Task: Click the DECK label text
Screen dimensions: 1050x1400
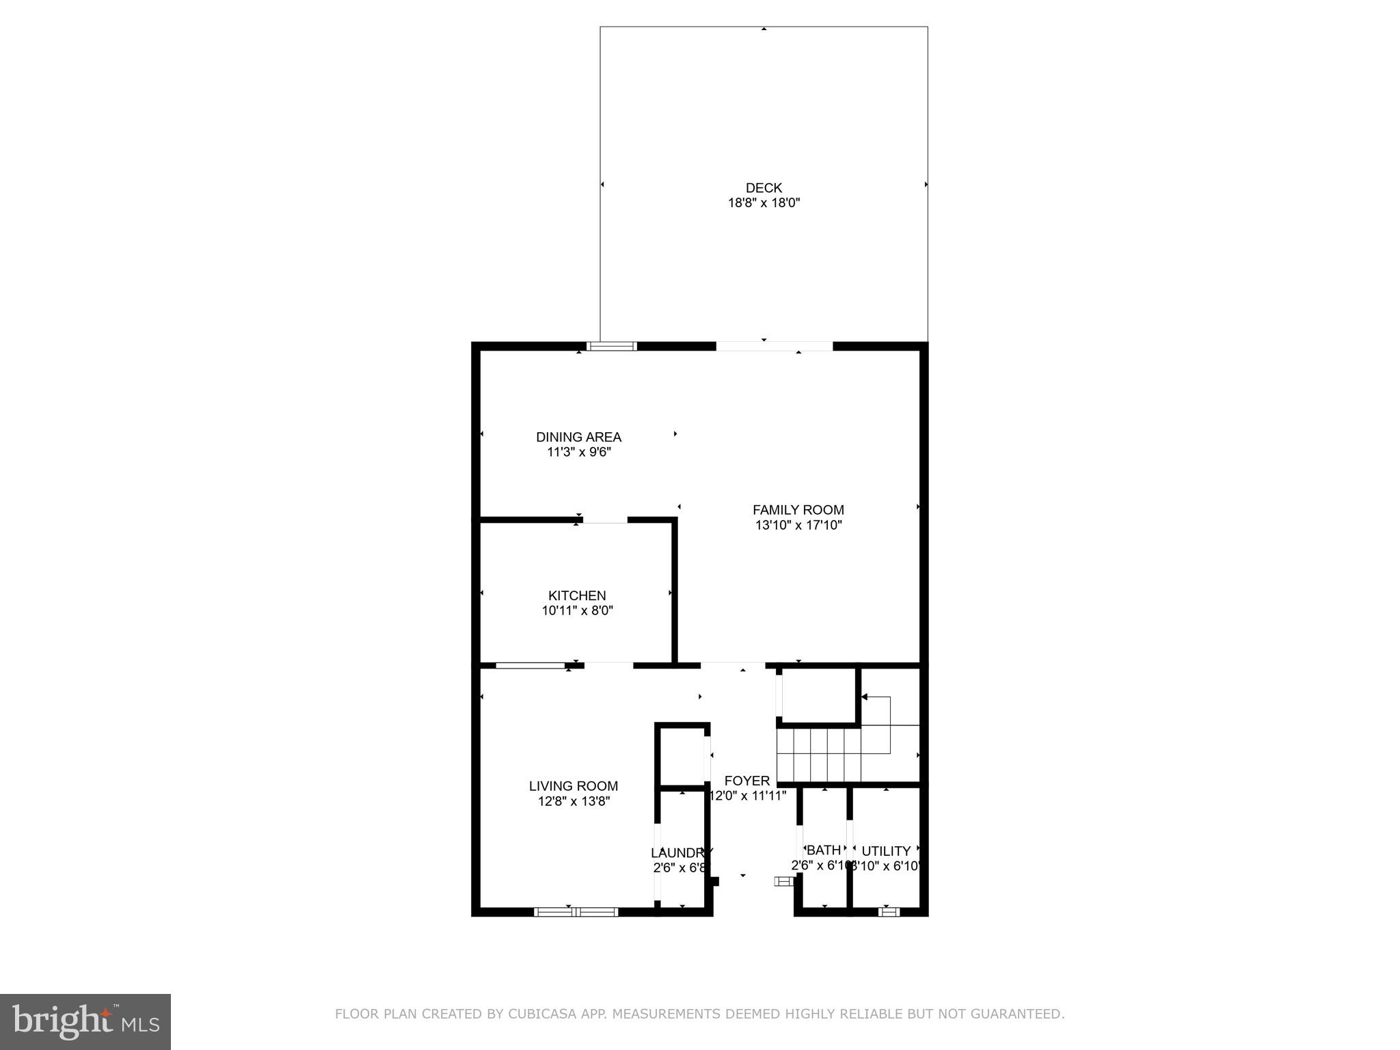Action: click(x=764, y=187)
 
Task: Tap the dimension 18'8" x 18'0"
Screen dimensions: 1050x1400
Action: click(x=764, y=203)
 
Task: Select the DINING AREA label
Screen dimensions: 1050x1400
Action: click(x=578, y=437)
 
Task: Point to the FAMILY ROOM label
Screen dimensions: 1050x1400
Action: click(x=798, y=510)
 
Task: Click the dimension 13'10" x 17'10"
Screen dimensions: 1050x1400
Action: click(x=798, y=526)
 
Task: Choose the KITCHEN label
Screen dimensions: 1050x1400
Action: click(x=577, y=595)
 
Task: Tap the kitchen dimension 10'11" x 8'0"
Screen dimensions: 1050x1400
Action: click(x=577, y=611)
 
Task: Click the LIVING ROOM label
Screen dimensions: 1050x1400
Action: click(x=573, y=786)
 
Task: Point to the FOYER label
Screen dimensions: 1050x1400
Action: click(x=746, y=781)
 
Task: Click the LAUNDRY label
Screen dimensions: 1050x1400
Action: click(x=681, y=852)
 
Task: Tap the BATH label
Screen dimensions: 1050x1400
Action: click(x=824, y=850)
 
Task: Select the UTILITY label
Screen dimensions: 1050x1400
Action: click(x=886, y=851)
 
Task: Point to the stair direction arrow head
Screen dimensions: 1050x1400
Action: click(x=864, y=697)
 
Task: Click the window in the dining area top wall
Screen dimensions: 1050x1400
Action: click(x=612, y=347)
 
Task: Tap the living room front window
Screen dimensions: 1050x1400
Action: click(x=576, y=911)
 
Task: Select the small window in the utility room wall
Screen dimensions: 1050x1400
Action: click(x=888, y=911)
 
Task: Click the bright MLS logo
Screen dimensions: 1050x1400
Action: click(x=85, y=1021)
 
